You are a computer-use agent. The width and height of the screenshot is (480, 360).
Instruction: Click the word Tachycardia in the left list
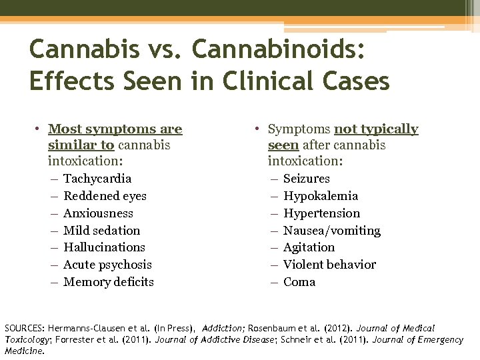pos(97,179)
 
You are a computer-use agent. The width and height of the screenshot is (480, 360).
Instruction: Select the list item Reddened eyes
pos(105,196)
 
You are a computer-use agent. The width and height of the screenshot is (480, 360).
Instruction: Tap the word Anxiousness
pos(98,213)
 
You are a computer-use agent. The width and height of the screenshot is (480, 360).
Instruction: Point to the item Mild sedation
pos(101,231)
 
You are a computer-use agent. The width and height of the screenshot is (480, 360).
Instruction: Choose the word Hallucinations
pos(104,247)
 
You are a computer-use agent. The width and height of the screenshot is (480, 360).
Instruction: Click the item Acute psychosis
pos(107,265)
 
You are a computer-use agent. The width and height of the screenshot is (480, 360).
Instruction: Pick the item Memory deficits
pos(108,282)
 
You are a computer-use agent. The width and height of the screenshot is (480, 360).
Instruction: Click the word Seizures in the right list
pos(307,179)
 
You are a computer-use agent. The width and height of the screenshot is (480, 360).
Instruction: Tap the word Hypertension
pos(321,213)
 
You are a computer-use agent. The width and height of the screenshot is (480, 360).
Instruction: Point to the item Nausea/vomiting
pos(332,231)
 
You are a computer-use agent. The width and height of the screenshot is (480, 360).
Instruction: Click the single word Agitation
pos(309,247)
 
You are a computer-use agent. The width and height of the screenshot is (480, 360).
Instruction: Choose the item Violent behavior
pos(329,265)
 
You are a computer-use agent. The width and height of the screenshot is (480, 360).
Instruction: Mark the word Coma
pos(299,282)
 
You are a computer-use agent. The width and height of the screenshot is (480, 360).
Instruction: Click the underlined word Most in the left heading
pos(64,129)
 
